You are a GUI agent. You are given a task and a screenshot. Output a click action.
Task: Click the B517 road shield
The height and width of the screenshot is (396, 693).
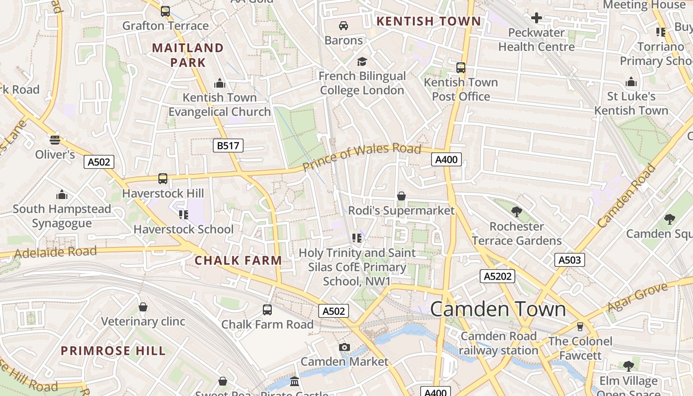[x=228, y=146]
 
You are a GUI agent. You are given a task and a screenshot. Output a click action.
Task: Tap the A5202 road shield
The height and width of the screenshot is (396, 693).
[x=497, y=276]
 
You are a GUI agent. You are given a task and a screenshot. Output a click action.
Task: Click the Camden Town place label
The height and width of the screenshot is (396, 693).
[x=497, y=309]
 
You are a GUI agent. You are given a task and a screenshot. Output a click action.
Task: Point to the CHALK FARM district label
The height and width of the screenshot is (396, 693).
[x=238, y=260]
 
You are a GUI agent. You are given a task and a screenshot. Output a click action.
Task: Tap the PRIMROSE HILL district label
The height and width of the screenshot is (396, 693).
[x=113, y=351]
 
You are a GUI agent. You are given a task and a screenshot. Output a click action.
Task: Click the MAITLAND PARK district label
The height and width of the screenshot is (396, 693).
[x=188, y=55]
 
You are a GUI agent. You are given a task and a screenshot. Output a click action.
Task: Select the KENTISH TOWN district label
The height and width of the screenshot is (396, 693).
[x=428, y=21]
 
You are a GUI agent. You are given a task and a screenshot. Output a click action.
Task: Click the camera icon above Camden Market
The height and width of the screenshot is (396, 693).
[x=344, y=347]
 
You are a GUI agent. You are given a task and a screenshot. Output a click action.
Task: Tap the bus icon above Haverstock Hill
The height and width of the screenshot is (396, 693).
[x=162, y=179]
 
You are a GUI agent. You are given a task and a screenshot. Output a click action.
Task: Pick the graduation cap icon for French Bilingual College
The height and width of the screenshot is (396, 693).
[x=362, y=61]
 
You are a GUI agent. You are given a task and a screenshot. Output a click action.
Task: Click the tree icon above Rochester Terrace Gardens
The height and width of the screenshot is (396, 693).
[x=516, y=212]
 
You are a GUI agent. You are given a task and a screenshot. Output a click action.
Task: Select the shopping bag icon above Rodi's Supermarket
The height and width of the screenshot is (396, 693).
[x=401, y=197]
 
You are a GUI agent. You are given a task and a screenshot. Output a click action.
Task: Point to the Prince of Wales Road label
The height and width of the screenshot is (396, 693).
[x=361, y=157]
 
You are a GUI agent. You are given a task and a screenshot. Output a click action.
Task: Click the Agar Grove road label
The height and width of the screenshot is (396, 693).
[x=641, y=297]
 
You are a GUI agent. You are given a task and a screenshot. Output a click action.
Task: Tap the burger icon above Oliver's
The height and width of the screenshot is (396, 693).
[x=55, y=140]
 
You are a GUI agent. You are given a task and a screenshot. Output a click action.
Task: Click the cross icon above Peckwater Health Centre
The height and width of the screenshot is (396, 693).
[x=536, y=18]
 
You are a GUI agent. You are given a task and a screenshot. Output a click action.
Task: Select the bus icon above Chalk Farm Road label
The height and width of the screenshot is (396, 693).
[x=267, y=310]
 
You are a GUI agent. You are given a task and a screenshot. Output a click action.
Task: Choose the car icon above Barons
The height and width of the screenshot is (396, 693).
[x=344, y=26]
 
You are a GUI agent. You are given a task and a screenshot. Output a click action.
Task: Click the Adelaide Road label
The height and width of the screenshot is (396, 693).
[x=55, y=252]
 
